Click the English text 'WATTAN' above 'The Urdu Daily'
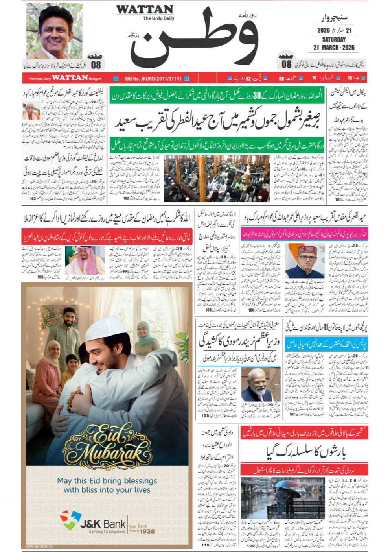[x=145, y=9]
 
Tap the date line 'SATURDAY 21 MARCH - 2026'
[x=334, y=44]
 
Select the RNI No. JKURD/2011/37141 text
[x=153, y=79]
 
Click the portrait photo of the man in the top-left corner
[x=54, y=31]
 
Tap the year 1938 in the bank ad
[x=147, y=531]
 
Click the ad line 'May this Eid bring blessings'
[x=107, y=480]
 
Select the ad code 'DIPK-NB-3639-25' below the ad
[x=39, y=546]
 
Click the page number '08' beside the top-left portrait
[x=96, y=65]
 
